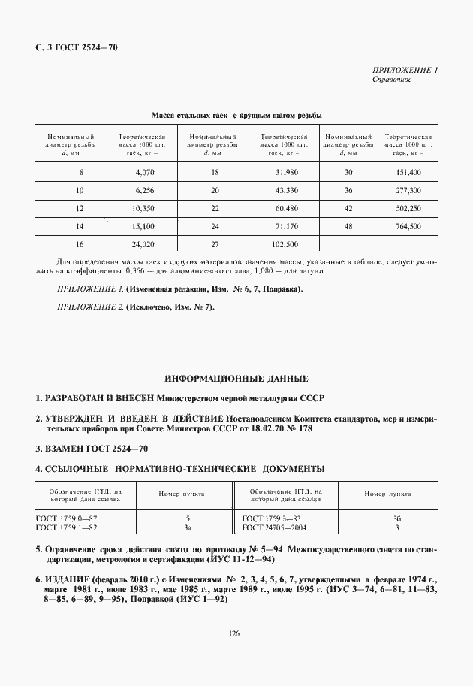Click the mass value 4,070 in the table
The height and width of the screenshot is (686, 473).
click(144, 172)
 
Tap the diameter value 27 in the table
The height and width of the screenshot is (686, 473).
click(215, 244)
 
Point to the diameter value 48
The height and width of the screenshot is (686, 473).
click(348, 226)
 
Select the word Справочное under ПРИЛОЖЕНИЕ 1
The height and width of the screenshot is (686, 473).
click(391, 80)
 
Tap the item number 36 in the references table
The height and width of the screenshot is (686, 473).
click(396, 518)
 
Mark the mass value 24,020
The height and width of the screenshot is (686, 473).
click(144, 244)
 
